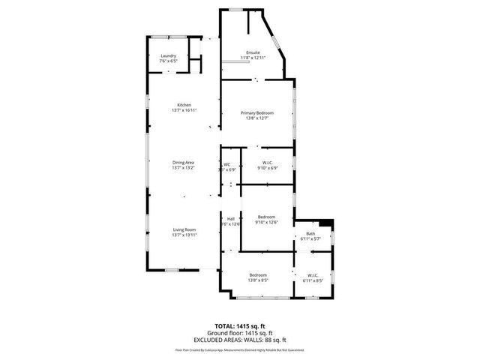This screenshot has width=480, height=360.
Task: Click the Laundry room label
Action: tap(168, 55)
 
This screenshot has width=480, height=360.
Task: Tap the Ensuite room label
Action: tap(253, 52)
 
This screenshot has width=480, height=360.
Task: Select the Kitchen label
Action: tap(184, 104)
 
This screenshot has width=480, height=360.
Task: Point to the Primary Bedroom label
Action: tap(256, 112)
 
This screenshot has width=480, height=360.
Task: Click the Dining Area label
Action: tap(184, 162)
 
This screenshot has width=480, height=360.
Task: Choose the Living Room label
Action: tap(184, 229)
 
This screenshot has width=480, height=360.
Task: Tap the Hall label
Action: tap(230, 218)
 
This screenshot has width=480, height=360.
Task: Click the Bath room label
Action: tap(310, 234)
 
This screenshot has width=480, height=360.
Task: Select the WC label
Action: tap(226, 164)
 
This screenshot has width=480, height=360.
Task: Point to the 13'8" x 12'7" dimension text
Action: tap(256, 118)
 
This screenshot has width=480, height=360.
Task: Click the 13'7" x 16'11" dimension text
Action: tap(184, 110)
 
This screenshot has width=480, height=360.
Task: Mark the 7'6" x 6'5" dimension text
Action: tap(168, 61)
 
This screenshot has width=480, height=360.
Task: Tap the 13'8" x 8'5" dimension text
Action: tap(259, 280)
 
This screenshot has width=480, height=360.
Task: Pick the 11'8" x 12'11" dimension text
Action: tap(253, 58)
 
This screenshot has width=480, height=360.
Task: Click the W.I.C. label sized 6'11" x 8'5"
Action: tap(313, 275)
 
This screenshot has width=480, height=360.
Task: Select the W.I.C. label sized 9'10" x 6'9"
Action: tap(266, 163)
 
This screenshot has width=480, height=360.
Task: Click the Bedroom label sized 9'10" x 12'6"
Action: tap(266, 217)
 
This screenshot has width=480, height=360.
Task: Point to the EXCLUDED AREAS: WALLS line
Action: tap(240, 339)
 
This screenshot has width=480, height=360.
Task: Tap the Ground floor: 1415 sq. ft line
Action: tap(240, 333)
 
